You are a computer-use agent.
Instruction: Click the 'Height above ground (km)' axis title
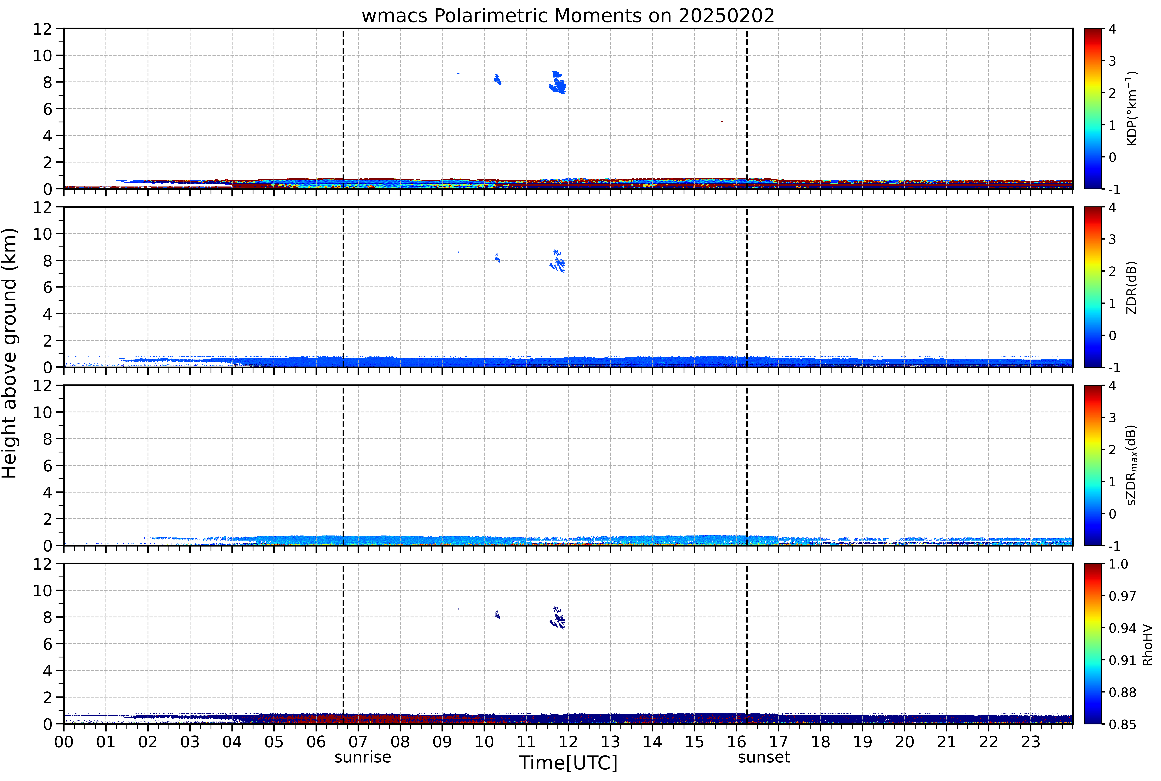tap(9, 353)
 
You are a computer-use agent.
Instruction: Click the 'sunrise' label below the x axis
tap(363, 757)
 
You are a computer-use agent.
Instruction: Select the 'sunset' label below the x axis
tap(764, 757)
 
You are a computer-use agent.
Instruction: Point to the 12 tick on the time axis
tap(568, 742)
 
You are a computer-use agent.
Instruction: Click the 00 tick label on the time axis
tap(64, 742)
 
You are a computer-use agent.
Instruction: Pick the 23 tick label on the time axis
tap(1030, 742)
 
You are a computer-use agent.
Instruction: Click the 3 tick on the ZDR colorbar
tap(1112, 239)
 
